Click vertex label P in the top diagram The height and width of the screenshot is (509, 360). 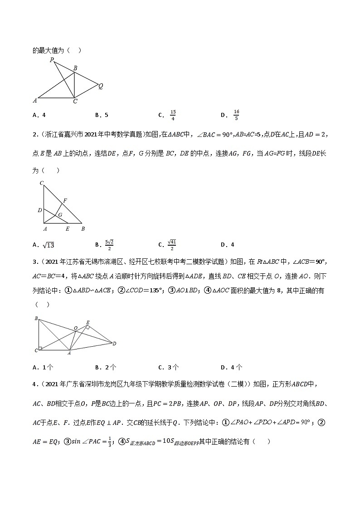52,60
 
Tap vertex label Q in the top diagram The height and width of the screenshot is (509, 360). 101,85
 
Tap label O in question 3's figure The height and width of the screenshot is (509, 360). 76,327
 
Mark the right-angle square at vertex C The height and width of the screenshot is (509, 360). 41,349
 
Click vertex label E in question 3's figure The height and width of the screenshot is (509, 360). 88,322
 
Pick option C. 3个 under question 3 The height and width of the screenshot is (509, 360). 168,368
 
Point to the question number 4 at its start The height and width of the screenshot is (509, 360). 34,385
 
